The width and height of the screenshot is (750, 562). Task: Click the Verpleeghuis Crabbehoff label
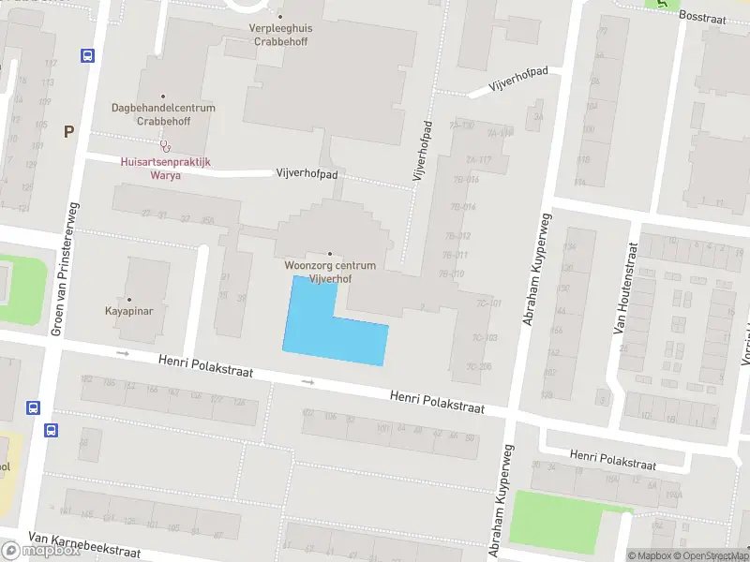tap(280, 34)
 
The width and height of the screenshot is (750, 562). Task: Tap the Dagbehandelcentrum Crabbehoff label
tap(163, 114)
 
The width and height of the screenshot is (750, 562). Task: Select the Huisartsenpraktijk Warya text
tap(166, 168)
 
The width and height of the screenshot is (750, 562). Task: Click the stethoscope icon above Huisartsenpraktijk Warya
tap(166, 146)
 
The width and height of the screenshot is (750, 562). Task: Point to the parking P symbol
tap(68, 132)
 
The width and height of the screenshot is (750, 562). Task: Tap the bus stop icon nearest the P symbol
tap(88, 56)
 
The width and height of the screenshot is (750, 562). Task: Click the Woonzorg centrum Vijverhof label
tap(330, 271)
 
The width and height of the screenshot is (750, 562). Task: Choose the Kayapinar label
tap(130, 309)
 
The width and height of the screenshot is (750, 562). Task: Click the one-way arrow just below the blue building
tap(307, 382)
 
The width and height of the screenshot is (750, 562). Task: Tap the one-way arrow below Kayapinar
tap(122, 353)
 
